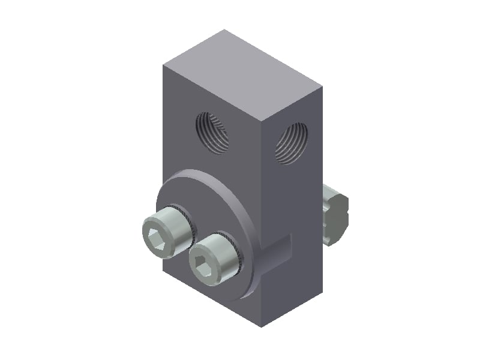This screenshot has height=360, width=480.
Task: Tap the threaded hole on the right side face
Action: (x=292, y=143)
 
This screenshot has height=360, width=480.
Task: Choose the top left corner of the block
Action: (x=163, y=64)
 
